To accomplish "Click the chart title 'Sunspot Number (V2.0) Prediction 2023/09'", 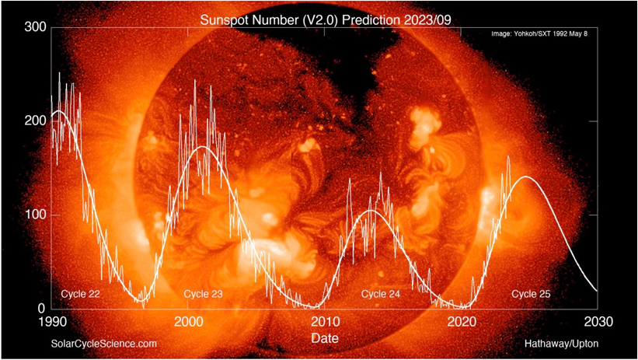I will (x=319, y=17).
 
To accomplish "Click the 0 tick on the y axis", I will (x=40, y=308).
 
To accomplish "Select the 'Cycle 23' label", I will (x=204, y=294).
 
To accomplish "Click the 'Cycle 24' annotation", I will (x=382, y=294).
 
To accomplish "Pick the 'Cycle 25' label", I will (x=531, y=294).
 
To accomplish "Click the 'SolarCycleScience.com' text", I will (x=104, y=343).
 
